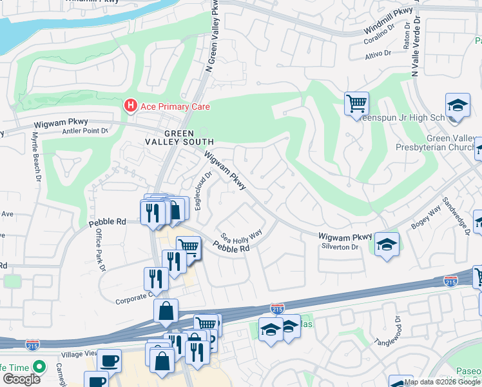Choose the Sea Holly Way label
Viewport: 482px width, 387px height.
pos(242,236)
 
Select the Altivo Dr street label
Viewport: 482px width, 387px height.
pos(378,55)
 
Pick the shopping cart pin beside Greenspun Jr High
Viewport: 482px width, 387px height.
pos(356,103)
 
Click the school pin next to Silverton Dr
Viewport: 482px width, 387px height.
pos(386,244)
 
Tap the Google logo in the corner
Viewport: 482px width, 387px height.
pos(21,379)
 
